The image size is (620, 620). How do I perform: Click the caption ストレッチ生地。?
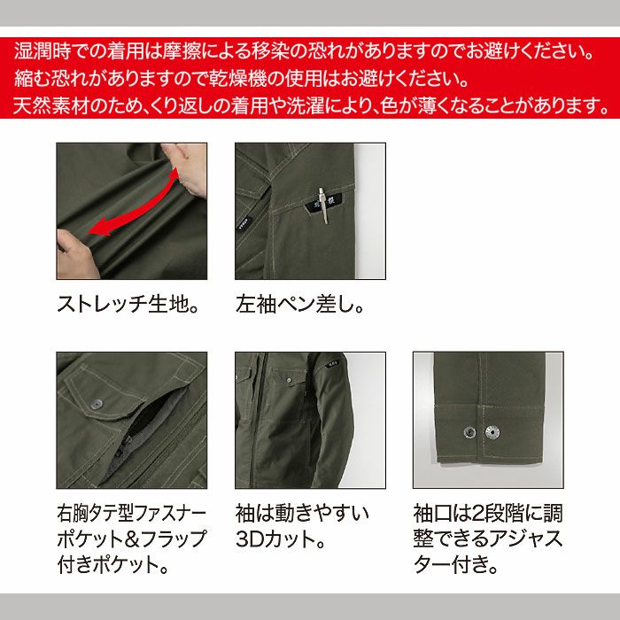[x=127, y=306]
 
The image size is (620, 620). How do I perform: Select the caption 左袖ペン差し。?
[x=300, y=306]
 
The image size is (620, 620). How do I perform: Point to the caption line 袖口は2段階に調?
[x=487, y=513]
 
